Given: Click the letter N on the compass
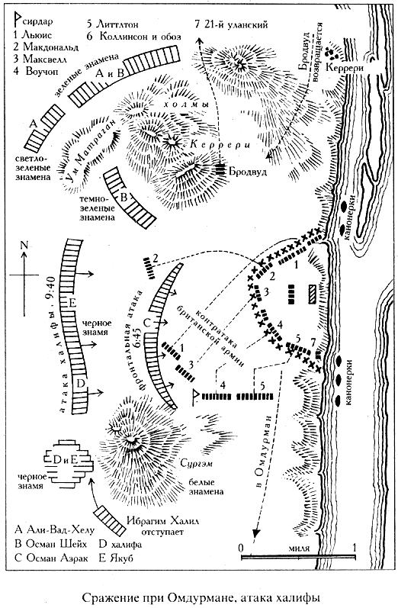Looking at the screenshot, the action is pos(25,245).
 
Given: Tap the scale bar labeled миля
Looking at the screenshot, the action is pos(298,557).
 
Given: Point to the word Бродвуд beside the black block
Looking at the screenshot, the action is pos(248,171).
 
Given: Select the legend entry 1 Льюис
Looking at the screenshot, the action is pos(33,35).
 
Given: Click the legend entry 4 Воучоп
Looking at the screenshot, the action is pos(40,71).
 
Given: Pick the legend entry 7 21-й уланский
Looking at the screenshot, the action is pos(232,25).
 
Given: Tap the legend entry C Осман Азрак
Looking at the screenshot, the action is pos(51,558).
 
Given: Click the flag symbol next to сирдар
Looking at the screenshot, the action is pos(18,20).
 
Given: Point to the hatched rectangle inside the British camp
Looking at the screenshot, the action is pos(313,292).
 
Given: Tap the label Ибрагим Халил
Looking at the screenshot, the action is pos(162,521).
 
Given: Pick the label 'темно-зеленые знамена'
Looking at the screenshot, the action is pos(98,208).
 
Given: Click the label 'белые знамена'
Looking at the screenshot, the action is pos(206,487).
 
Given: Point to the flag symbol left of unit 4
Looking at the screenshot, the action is pos(196,397).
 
